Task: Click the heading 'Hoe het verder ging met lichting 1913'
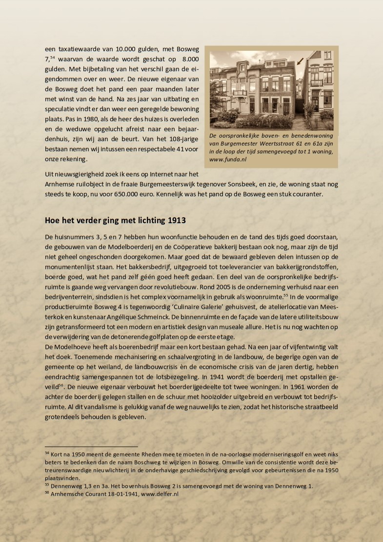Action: [x=115, y=220]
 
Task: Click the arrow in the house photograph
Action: [x=300, y=62]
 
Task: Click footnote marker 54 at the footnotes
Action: [x=47, y=453]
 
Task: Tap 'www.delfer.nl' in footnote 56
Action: [x=159, y=494]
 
